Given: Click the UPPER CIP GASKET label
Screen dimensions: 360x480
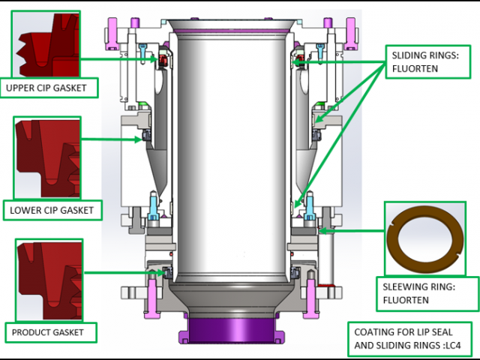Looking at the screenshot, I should [50, 88].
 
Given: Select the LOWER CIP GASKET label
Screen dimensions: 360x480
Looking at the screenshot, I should [52, 210].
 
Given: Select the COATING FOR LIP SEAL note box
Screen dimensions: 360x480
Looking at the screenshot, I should [412, 340].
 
